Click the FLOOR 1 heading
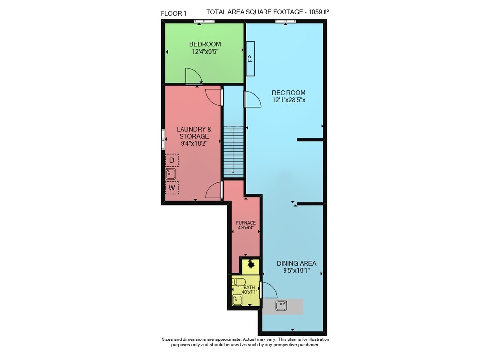(173, 13)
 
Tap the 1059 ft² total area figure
(319, 12)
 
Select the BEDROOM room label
(205, 44)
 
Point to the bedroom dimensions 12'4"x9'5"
(205, 52)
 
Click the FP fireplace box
(250, 58)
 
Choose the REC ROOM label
(288, 92)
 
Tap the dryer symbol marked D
(171, 160)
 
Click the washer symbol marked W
(171, 188)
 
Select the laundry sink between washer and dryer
(170, 174)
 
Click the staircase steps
(233, 151)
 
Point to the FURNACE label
(245, 223)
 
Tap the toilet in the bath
(238, 282)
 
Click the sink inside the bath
(237, 300)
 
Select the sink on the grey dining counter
(281, 305)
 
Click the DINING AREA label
(296, 263)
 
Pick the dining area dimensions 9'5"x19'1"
(296, 271)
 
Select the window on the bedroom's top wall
(204, 21)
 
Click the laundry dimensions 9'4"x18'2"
(194, 143)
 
